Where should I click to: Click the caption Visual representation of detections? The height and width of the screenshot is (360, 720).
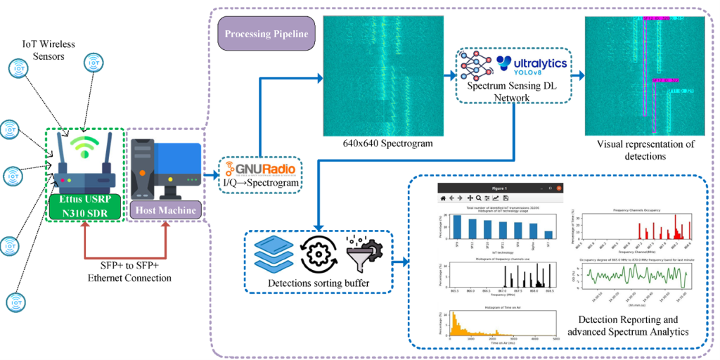click(645, 150)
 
